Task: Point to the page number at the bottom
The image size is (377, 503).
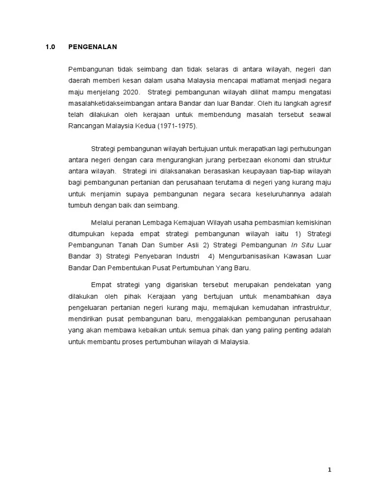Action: pos(330,470)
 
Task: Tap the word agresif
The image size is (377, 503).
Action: pos(320,103)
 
